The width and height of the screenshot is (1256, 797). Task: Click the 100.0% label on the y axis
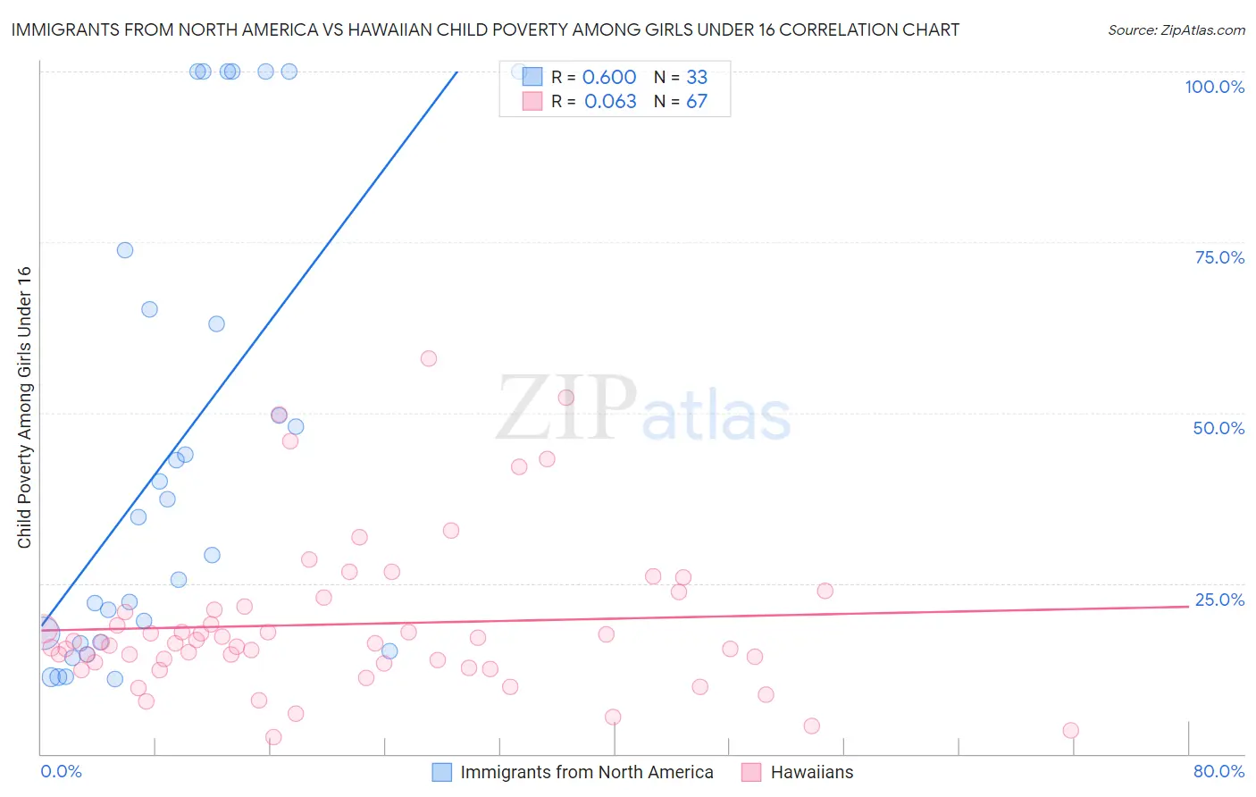coord(1214,87)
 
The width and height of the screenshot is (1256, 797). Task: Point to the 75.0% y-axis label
coord(1219,257)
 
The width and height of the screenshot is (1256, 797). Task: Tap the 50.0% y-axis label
coord(1218,428)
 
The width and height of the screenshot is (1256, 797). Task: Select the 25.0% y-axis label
coord(1219,600)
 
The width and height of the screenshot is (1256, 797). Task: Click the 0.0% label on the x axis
coord(61,771)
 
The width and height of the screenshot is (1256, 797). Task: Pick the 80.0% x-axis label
coord(1218,771)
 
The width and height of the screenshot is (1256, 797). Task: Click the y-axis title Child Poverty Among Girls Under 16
coord(24,407)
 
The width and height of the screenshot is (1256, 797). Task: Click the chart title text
coord(485,29)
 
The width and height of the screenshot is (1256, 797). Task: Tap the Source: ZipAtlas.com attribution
coord(1176,30)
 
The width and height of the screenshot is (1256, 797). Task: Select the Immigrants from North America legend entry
coord(586,772)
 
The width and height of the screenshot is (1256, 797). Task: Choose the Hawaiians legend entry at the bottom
coord(811,772)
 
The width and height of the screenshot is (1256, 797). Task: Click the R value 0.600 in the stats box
coord(609,78)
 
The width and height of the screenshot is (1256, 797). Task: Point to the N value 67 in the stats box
coord(697,102)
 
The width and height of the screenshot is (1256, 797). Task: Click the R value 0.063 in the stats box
coord(610,102)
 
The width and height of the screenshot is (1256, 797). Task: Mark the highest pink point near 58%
coord(429,358)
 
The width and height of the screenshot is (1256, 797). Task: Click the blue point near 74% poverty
coord(125,250)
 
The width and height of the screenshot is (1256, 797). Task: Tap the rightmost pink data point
coord(1071,730)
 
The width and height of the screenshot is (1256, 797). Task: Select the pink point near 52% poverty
coord(565,398)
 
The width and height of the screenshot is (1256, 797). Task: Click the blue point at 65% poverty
coord(149,309)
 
